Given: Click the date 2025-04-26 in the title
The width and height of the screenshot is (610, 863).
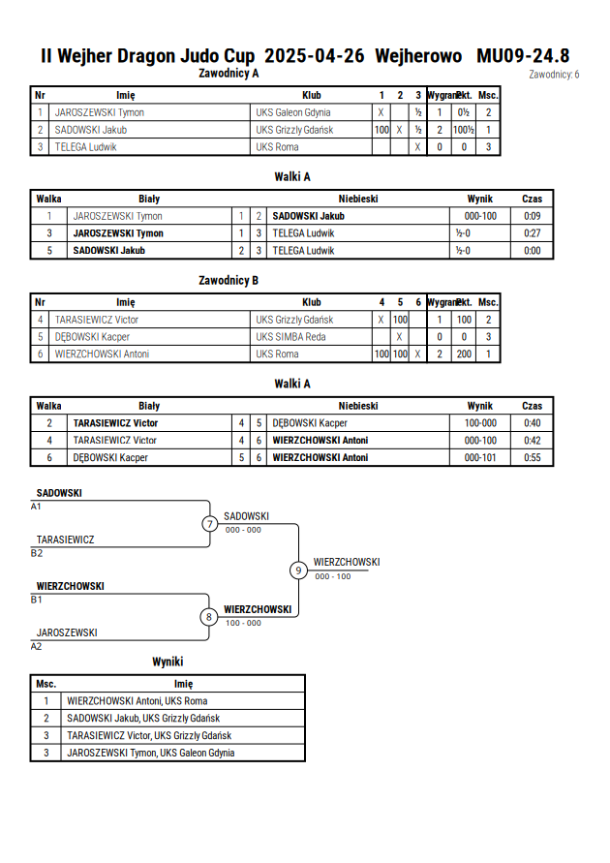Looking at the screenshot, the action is coord(314,56).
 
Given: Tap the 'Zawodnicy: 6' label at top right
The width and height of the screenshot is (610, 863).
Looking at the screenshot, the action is coord(554,75).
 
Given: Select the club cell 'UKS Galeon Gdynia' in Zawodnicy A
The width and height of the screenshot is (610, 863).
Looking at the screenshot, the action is coord(293,112).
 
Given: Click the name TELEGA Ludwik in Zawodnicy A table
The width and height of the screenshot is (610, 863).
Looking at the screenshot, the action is coord(86,147).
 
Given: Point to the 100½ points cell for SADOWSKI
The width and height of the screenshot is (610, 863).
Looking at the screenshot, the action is coord(464,130).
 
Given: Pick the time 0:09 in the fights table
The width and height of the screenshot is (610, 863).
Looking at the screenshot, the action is coord(532,216).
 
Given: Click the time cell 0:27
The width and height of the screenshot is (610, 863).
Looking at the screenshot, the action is coord(532,233).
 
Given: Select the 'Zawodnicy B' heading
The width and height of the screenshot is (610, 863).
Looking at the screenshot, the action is coord(229,281).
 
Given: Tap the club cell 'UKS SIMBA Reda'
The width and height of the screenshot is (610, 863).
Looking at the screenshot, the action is coord(290,337).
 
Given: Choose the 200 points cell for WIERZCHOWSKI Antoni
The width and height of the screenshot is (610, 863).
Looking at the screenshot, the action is coord(464,354).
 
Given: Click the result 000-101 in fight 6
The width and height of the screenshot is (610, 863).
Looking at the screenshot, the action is coord(480,457).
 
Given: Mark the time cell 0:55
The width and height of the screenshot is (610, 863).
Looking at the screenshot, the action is coord(532,457).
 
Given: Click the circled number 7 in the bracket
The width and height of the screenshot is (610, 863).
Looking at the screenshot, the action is coord(209,524).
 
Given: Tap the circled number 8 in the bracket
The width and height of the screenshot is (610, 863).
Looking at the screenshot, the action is coord(208,617).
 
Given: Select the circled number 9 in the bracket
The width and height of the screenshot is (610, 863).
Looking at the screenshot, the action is coord(298,570).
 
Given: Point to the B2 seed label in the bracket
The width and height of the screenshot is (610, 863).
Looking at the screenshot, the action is coord(37,553).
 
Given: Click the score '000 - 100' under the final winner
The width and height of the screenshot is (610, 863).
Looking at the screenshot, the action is coord(333,577).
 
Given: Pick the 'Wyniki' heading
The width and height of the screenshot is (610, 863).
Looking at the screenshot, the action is coord(168,663).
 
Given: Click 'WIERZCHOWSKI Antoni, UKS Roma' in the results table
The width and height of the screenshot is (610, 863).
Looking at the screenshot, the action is coord(137,701).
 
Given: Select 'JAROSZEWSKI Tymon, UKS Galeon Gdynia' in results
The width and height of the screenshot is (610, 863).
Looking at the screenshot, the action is coord(151,753).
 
